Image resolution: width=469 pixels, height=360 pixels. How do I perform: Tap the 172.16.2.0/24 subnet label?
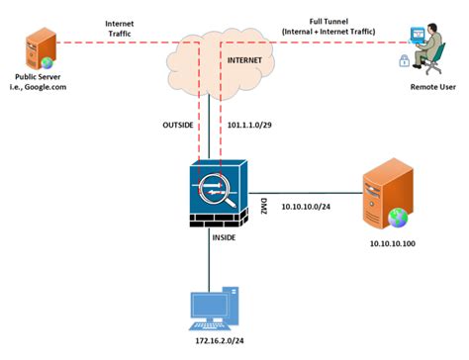tap(211, 340)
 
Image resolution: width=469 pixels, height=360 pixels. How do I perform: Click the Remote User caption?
tap(432, 87)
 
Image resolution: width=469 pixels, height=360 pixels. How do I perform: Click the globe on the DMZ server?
tap(397, 215)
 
